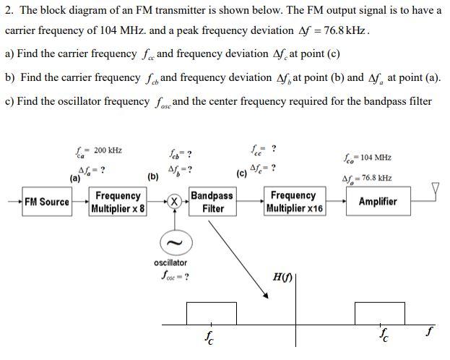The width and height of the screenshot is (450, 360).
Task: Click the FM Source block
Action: point(46,202)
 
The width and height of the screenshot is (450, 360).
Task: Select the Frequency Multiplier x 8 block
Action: point(118,202)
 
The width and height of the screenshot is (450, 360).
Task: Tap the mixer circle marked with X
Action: point(173,202)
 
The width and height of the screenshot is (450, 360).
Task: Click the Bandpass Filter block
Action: point(212,202)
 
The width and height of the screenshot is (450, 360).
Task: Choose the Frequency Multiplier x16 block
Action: point(294,202)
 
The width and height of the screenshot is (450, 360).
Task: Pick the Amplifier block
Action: point(377,202)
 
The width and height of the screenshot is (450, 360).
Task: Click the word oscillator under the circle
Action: point(170,262)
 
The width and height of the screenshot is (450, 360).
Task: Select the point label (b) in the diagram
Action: point(153,176)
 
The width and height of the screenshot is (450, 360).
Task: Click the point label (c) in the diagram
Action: point(241,173)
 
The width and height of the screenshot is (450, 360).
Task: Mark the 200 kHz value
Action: point(108,150)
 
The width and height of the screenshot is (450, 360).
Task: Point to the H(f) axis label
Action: point(282,277)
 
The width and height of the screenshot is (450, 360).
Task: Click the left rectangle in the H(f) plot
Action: point(211,314)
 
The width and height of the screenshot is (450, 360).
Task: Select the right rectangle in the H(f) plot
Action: point(378,314)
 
